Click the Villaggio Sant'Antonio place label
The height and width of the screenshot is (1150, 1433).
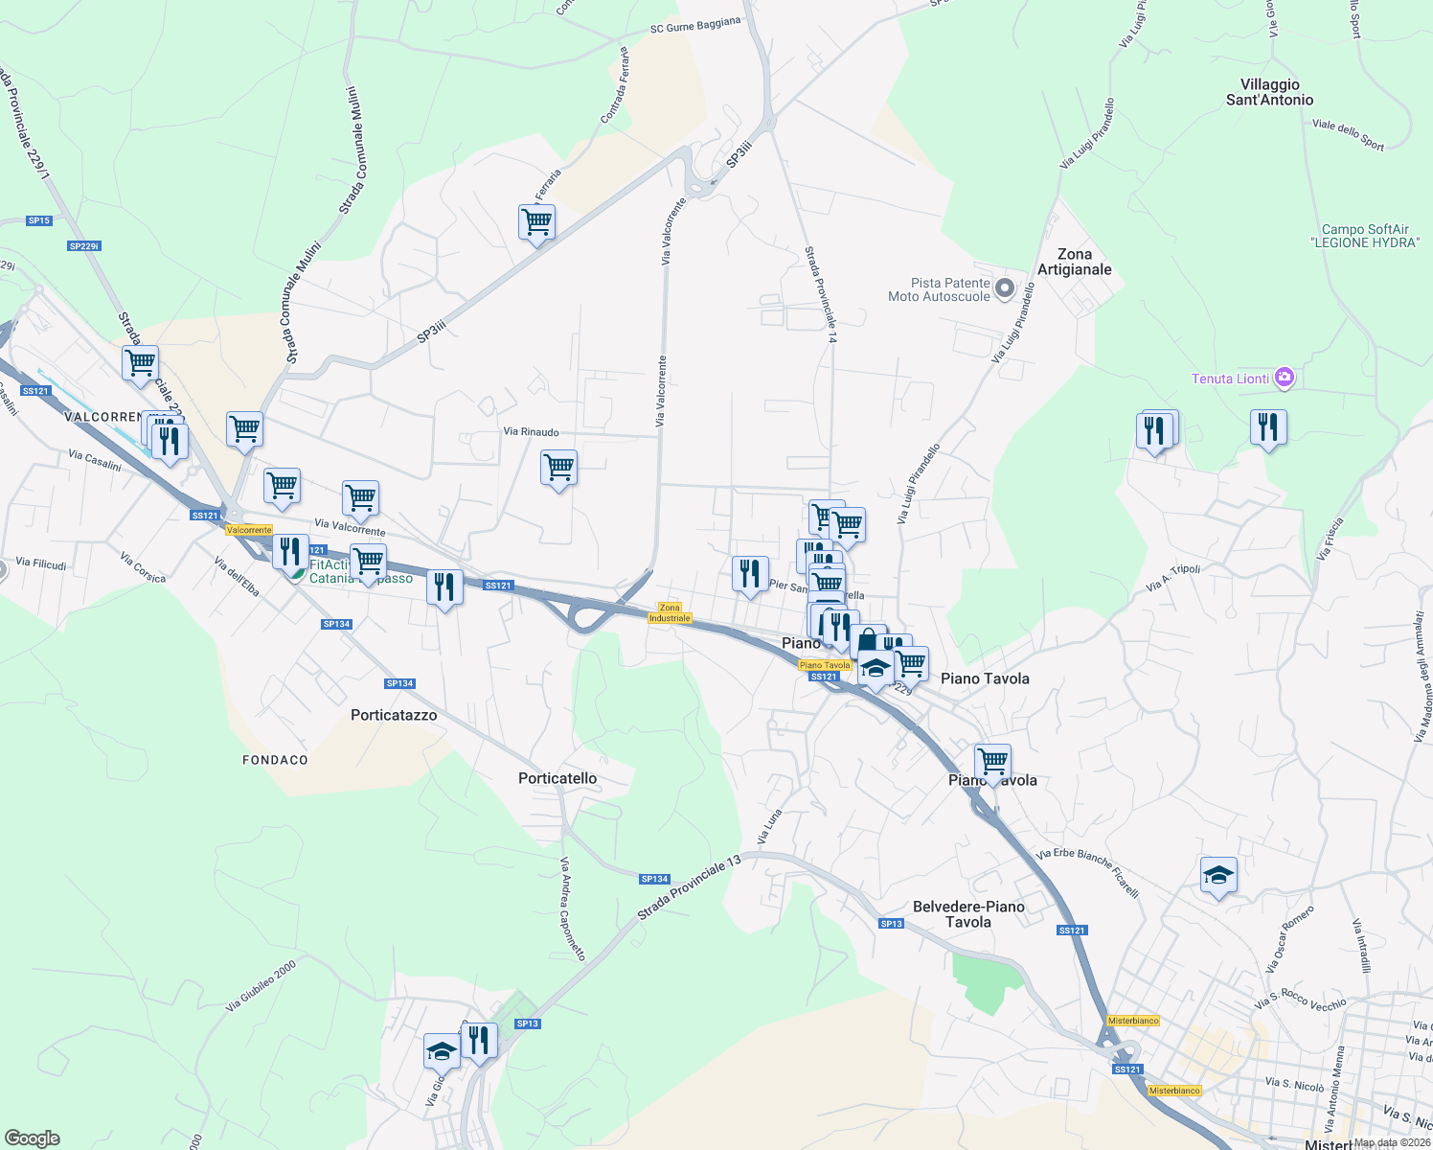[1269, 92]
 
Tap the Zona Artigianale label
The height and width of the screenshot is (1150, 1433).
[1074, 262]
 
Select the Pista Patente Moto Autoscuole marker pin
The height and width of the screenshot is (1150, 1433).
[1004, 287]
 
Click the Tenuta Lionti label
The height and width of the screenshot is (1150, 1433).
[1230, 379]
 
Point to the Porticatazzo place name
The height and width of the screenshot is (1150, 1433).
[394, 715]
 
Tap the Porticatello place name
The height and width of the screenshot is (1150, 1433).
[557, 778]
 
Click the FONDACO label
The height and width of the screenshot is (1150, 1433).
[275, 760]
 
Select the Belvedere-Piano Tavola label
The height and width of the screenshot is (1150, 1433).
[968, 914]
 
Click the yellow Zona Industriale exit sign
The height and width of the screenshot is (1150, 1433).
[670, 612]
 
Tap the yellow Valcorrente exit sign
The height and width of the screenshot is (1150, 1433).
[249, 530]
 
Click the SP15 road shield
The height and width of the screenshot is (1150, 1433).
[39, 220]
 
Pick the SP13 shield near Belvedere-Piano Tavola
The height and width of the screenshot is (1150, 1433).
[891, 924]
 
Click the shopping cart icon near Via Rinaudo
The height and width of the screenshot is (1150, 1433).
[558, 469]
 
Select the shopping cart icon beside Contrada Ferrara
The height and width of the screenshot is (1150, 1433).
[536, 222]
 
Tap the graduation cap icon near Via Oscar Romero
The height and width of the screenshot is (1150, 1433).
[1218, 875]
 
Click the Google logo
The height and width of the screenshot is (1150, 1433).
[32, 1138]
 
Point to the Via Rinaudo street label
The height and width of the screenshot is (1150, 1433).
[531, 432]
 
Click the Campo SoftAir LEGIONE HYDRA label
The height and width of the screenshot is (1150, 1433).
[1365, 236]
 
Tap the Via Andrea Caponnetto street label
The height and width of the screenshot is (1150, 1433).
[572, 908]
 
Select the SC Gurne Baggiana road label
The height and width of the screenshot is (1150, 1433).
[694, 25]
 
